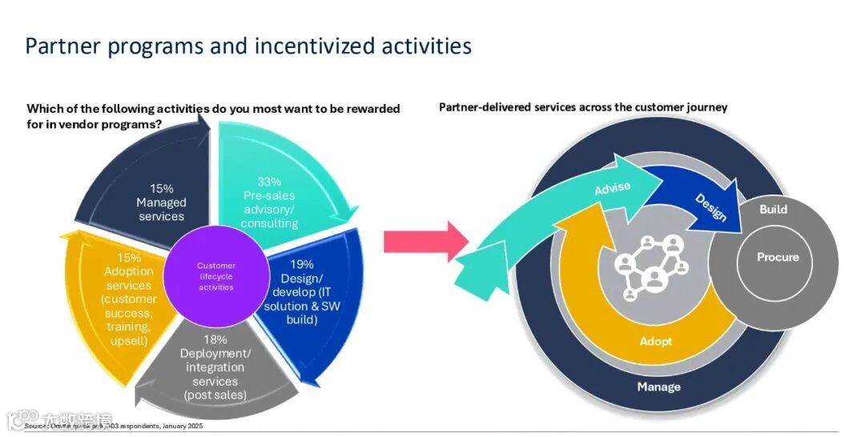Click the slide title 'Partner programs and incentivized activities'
tap(248, 46)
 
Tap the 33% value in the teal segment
tap(269, 182)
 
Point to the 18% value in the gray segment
tap(215, 339)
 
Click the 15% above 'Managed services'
tap(161, 188)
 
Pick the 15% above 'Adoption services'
tap(127, 258)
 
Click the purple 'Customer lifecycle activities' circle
tap(215, 276)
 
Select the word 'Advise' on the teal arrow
tap(612, 190)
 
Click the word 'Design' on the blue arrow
tap(710, 206)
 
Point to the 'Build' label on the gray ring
tap(773, 210)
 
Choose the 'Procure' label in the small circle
tap(778, 257)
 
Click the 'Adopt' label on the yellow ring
tap(656, 341)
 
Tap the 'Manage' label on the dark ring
tap(658, 387)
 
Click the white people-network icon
tap(652, 266)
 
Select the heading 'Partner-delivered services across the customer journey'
tap(583, 107)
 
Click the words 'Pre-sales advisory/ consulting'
tap(269, 209)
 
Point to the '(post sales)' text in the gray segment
tap(215, 395)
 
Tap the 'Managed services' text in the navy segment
tap(161, 210)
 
